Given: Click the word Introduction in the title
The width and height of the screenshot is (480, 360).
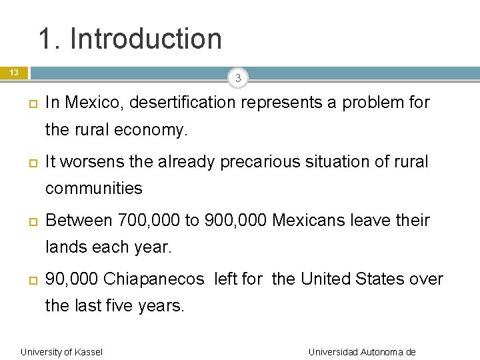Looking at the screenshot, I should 146,39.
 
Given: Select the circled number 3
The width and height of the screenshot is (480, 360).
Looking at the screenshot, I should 237,79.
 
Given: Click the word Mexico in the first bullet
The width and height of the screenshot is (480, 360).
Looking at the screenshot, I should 93,103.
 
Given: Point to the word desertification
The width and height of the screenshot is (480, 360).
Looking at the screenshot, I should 183,103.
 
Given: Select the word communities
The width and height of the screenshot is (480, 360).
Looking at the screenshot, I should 93,189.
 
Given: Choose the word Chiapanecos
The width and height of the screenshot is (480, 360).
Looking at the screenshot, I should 154,279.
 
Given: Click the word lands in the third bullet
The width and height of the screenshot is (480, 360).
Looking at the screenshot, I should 65,248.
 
